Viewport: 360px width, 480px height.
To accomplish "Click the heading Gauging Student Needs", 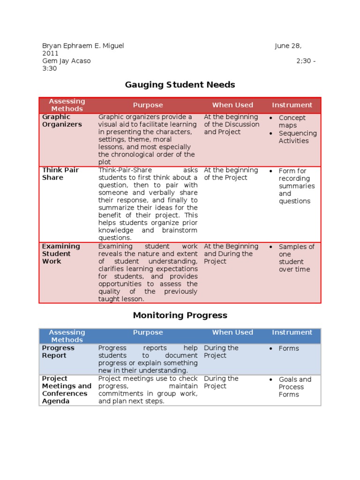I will (x=180, y=85).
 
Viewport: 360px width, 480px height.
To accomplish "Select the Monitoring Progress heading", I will (x=180, y=315).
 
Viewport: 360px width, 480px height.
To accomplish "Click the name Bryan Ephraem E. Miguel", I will (x=83, y=46).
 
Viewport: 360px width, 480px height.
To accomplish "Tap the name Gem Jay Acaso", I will (x=67, y=61).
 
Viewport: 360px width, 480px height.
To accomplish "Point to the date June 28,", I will (x=288, y=46).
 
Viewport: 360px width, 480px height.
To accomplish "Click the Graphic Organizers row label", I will (x=62, y=121).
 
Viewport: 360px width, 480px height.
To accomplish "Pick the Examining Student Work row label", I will (x=61, y=254).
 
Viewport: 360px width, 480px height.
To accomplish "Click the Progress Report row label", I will (x=58, y=352).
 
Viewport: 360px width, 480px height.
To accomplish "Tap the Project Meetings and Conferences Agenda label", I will (x=67, y=390).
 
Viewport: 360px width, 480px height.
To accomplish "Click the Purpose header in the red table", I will (x=148, y=105).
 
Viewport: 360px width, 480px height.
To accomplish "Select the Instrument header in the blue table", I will (x=292, y=332).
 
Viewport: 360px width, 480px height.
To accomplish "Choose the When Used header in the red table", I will (x=232, y=105).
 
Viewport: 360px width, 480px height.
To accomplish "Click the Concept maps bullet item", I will (x=292, y=122).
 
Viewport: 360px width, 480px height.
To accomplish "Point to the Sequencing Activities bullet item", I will (x=297, y=137).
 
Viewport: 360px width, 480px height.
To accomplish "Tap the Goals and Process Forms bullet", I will (x=294, y=387).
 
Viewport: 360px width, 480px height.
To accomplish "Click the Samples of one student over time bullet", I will (x=296, y=258).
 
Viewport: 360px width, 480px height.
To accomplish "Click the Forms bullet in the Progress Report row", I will (x=288, y=348).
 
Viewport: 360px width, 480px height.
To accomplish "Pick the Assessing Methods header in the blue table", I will (x=67, y=336).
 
